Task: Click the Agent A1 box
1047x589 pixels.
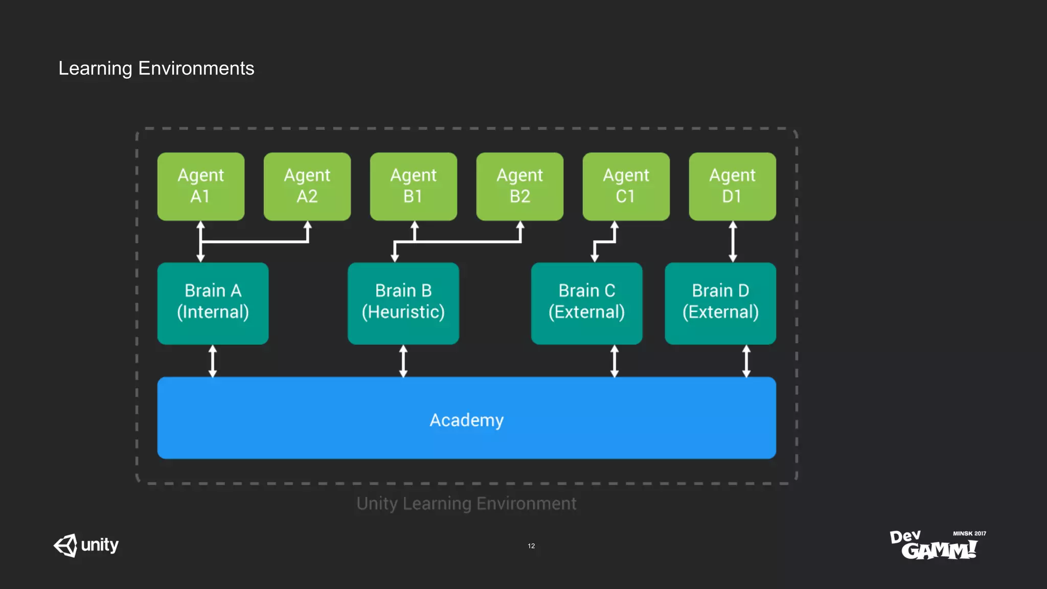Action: pos(200,186)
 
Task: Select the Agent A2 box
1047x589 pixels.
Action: pos(307,186)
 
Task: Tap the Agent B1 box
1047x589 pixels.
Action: pos(413,186)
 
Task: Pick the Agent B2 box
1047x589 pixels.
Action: pos(519,186)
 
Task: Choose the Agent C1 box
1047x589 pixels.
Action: pos(626,186)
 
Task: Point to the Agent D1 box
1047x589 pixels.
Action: pos(732,186)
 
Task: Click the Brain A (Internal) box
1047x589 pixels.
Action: pos(213,303)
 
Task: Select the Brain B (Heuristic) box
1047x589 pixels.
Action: pos(403,303)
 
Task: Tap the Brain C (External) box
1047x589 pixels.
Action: pos(586,303)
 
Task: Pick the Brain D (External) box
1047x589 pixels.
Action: pos(720,303)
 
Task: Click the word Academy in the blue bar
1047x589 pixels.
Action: pos(466,420)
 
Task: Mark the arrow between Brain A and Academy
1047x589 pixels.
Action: pos(213,361)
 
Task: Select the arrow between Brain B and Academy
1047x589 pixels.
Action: pos(403,361)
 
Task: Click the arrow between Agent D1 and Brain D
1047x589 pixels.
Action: pos(733,241)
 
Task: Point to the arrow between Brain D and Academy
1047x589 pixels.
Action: pos(746,361)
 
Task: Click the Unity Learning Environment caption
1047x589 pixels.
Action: pos(466,504)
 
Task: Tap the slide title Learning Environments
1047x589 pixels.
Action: pos(156,68)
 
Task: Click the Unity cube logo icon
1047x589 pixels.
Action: pos(66,546)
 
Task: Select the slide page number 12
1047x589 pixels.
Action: pos(531,546)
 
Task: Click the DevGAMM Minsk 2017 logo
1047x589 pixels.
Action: pos(938,545)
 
